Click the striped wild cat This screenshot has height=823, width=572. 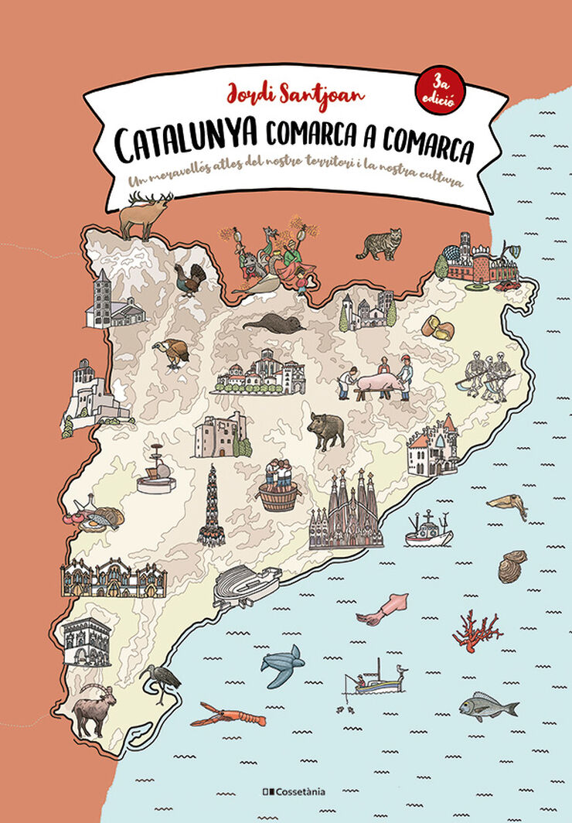(x=380, y=244)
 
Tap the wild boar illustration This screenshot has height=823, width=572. (x=326, y=430)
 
